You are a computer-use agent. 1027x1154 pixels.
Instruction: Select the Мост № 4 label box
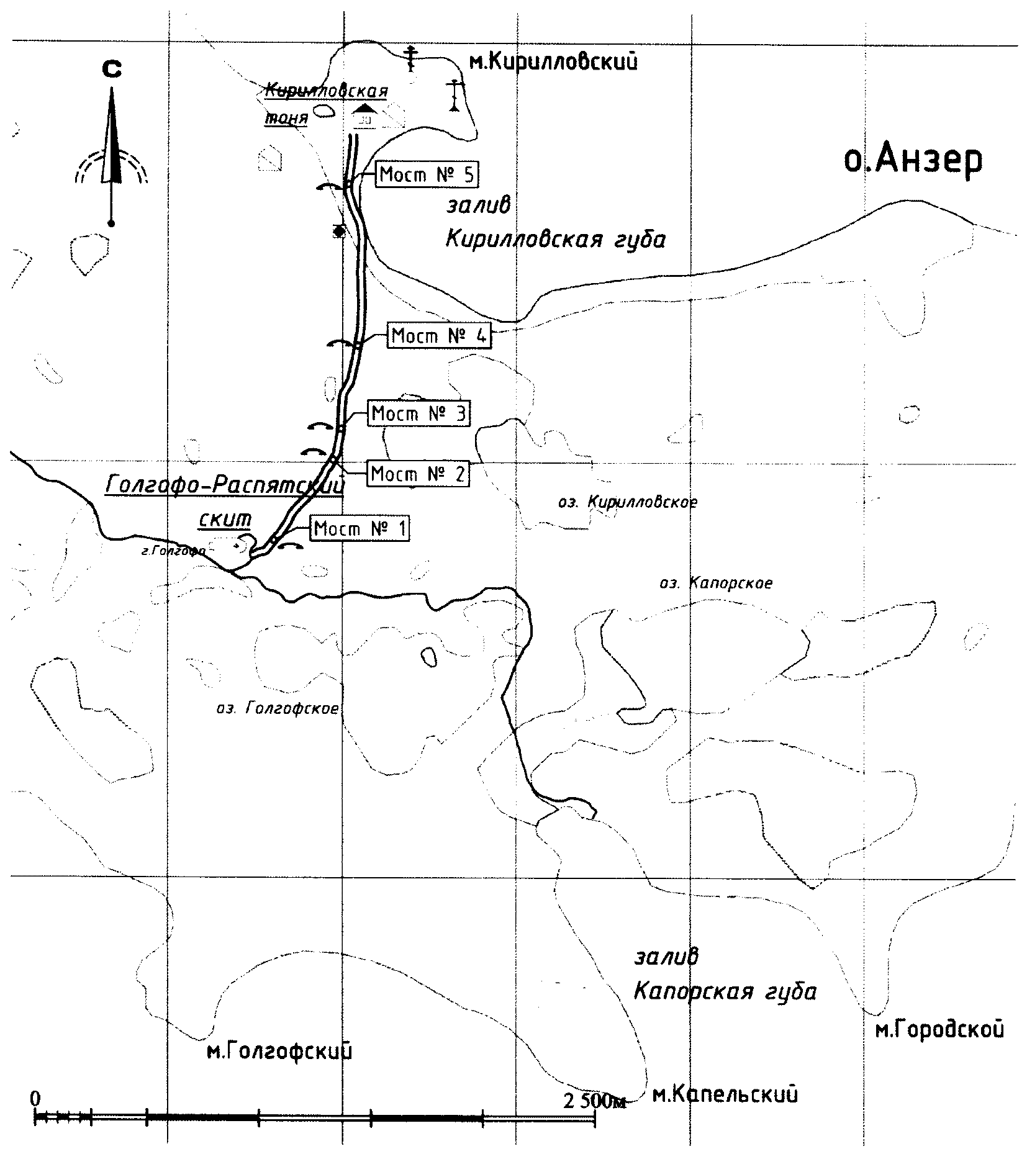click(439, 336)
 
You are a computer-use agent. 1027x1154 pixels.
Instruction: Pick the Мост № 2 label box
click(418, 474)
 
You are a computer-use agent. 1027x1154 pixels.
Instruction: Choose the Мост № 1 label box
click(360, 529)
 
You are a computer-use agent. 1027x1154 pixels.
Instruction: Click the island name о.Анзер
click(912, 161)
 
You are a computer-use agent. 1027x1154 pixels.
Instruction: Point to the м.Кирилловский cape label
click(553, 62)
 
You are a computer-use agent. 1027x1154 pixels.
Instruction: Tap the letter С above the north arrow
click(112, 70)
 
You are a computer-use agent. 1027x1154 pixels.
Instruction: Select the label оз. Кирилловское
click(627, 502)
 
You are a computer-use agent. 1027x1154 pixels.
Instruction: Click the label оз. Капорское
click(715, 583)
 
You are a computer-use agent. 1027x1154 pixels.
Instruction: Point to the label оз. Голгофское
click(277, 708)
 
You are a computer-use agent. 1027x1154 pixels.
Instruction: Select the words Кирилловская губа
click(555, 240)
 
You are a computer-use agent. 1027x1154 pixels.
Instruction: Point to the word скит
click(225, 519)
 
